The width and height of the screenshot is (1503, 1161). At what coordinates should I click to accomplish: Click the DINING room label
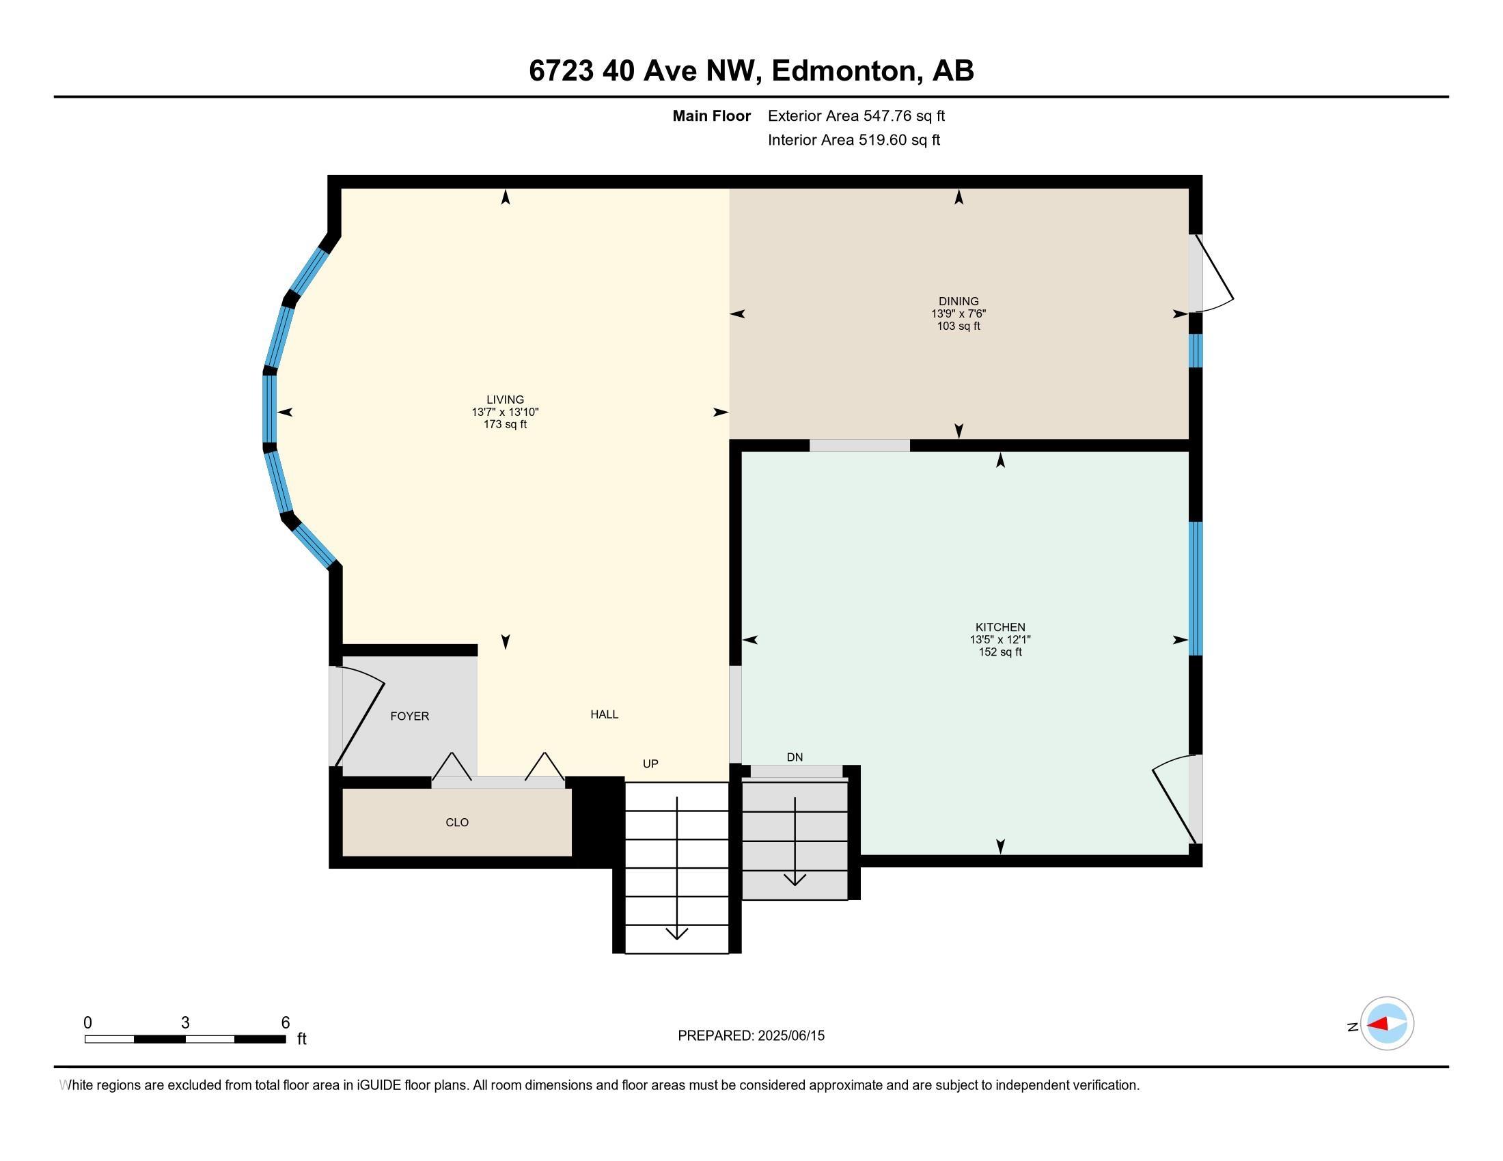point(958,301)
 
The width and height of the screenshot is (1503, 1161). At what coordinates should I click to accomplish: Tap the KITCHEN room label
point(1000,627)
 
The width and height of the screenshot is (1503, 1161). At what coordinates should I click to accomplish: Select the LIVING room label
point(505,400)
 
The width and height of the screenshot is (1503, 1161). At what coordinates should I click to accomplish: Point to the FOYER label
point(409,716)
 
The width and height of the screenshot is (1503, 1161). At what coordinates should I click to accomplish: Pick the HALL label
point(604,714)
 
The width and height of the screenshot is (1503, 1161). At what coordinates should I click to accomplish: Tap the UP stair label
point(650,764)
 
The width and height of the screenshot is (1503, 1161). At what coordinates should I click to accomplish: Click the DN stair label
point(795,757)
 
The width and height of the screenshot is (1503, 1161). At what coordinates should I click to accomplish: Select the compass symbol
point(1387,1024)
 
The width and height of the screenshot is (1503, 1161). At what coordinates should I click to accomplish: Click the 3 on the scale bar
point(185,1023)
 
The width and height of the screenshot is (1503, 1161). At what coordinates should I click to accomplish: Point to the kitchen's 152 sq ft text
point(1000,652)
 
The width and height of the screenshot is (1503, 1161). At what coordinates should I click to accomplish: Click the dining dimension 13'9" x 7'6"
point(958,313)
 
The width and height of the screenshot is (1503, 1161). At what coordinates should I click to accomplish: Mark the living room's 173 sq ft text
point(505,424)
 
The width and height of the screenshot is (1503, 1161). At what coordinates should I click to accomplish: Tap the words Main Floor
point(712,115)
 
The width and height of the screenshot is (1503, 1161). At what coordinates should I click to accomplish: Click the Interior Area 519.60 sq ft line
point(853,140)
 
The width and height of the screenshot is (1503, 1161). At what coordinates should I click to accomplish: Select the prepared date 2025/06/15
point(790,1036)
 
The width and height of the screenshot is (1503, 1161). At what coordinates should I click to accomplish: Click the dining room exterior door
point(1212,274)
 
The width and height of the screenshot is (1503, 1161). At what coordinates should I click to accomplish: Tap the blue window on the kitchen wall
point(1197,588)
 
